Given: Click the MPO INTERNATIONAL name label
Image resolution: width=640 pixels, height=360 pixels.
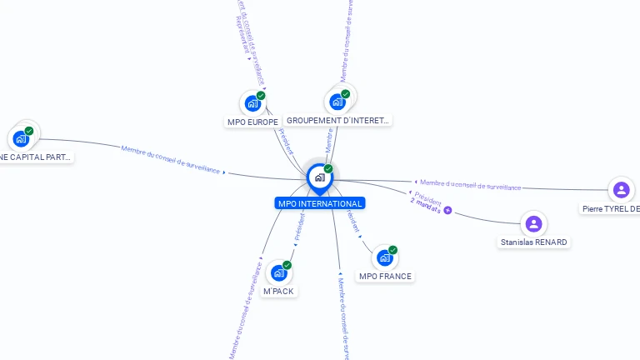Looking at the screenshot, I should (x=320, y=203).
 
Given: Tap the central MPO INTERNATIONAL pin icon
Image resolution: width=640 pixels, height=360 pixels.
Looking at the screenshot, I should (x=319, y=177).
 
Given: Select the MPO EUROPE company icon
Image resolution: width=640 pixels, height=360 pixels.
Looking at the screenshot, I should (x=251, y=103).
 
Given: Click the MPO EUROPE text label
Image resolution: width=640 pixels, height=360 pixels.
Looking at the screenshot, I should (x=252, y=122).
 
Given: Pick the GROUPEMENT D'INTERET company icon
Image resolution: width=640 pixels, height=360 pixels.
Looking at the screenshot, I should (x=337, y=102).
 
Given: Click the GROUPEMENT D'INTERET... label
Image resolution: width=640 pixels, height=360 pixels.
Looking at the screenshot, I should (x=337, y=120).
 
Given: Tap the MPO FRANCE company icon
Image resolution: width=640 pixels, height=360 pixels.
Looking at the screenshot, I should (x=384, y=257).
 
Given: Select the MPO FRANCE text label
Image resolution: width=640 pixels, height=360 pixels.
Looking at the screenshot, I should (x=385, y=276).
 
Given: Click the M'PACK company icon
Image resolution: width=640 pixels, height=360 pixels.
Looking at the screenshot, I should (x=279, y=272).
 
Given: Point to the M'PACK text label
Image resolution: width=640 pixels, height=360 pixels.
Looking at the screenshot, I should (x=279, y=291).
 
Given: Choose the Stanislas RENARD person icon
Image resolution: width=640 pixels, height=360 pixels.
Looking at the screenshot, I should (x=534, y=223).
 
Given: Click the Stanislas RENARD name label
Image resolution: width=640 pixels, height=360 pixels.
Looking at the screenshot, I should (x=534, y=242).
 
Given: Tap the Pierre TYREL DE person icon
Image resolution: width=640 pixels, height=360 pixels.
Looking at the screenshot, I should (x=621, y=190).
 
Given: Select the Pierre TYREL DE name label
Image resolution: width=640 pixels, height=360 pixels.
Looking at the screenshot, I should (x=612, y=208).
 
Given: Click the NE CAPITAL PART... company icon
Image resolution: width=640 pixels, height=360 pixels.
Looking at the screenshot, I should (x=21, y=138).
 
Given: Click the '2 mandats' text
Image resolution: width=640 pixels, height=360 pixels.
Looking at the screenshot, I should (x=426, y=206).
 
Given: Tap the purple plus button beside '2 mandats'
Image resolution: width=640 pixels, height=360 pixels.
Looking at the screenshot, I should (x=448, y=210).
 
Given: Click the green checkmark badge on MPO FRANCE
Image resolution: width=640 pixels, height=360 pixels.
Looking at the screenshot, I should (x=392, y=249).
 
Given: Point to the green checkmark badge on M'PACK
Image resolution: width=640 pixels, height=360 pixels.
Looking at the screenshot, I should (x=287, y=265).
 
